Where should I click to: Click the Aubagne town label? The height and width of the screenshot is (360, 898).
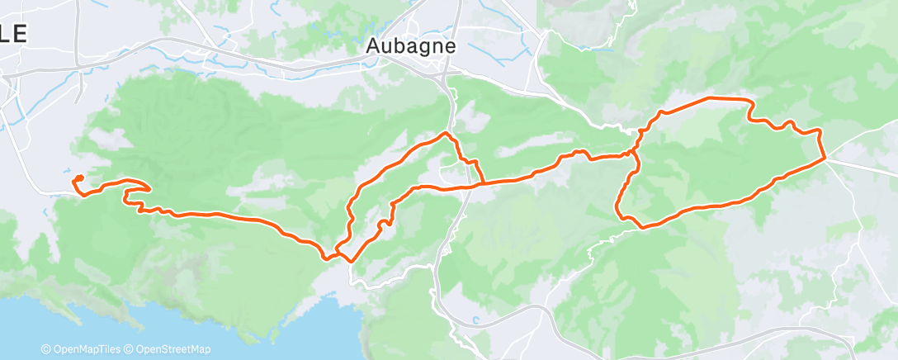411,47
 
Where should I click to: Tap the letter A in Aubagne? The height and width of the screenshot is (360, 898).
373,47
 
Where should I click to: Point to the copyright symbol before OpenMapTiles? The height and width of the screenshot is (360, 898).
45,349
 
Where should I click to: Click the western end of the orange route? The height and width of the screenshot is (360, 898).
76,179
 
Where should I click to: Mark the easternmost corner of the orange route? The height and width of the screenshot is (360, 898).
825,159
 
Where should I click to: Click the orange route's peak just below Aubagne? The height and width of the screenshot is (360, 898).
447,133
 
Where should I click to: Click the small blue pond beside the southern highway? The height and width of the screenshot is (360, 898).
476,320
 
